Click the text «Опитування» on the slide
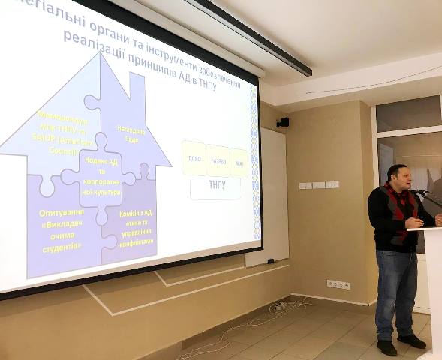pos(61,214)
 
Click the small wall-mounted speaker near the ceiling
pos(283,122)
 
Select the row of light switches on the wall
pos(319,185)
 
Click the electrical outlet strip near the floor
pos(338,284)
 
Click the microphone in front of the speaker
pos(421,193)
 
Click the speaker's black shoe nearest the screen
pos(387,347)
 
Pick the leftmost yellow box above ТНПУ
pos(194,158)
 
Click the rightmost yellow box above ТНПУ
pos(239,163)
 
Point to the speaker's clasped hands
pos(413,223)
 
